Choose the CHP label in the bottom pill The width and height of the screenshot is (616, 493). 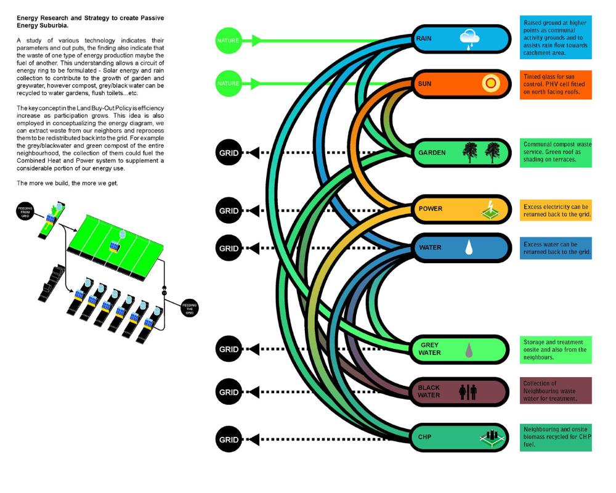(425, 437)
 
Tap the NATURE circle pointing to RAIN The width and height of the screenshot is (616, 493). (228, 41)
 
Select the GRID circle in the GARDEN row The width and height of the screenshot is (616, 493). (228, 152)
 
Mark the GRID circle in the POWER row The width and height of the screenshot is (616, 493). (228, 211)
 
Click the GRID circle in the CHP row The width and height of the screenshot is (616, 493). (228, 440)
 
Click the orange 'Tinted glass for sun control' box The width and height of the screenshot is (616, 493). (554, 84)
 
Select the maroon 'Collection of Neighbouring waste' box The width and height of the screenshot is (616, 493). (554, 391)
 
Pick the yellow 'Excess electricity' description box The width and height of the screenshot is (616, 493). (554, 210)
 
